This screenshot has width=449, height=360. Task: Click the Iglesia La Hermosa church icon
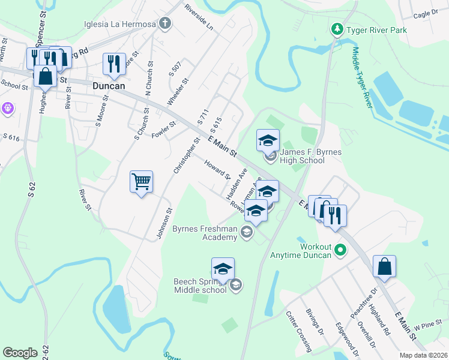pyautogui.click(x=165, y=25)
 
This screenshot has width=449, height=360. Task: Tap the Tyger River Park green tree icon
pyautogui.click(x=337, y=29)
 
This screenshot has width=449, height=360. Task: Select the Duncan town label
pyautogui.click(x=109, y=86)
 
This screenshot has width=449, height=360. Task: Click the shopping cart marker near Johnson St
pyautogui.click(x=141, y=181)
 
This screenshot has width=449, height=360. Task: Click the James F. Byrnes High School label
pyautogui.click(x=311, y=157)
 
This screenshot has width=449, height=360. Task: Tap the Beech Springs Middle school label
pyautogui.click(x=200, y=286)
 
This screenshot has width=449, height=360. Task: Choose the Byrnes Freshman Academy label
pyautogui.click(x=205, y=233)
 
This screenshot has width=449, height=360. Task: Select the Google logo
pyautogui.click(x=20, y=353)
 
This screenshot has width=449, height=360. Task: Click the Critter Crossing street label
pyautogui.click(x=298, y=331)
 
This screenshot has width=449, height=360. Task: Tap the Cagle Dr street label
pyautogui.click(x=426, y=13)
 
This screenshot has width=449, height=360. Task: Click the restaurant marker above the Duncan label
pyautogui.click(x=114, y=64)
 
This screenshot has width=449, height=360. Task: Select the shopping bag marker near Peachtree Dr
pyautogui.click(x=384, y=267)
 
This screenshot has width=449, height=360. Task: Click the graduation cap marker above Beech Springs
pyautogui.click(x=223, y=269)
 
